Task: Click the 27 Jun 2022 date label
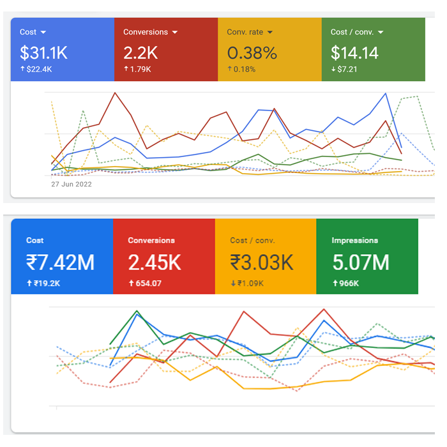coord(72,185)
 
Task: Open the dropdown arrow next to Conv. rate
coord(270,32)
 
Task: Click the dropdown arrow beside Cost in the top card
coord(43,32)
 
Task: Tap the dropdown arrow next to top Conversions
coord(174,32)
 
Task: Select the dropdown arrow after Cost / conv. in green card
coord(381,32)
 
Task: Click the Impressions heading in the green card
coord(354,241)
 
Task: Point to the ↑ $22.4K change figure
coord(38,69)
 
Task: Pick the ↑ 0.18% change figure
coord(242,69)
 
